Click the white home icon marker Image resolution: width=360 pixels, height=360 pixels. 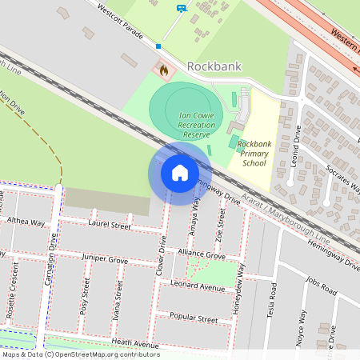[x=179, y=173]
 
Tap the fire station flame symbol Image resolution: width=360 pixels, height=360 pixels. [x=164, y=70]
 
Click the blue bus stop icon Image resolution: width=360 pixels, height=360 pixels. [x=182, y=9]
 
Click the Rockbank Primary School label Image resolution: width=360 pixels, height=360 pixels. [x=254, y=153]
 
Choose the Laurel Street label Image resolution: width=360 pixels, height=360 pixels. [x=110, y=226]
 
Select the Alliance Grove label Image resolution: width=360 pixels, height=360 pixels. [x=202, y=254]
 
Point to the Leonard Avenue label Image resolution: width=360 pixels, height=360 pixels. [x=198, y=286]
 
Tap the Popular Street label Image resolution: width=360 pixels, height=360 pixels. [x=194, y=318]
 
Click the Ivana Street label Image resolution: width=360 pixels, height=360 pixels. [x=118, y=308]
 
